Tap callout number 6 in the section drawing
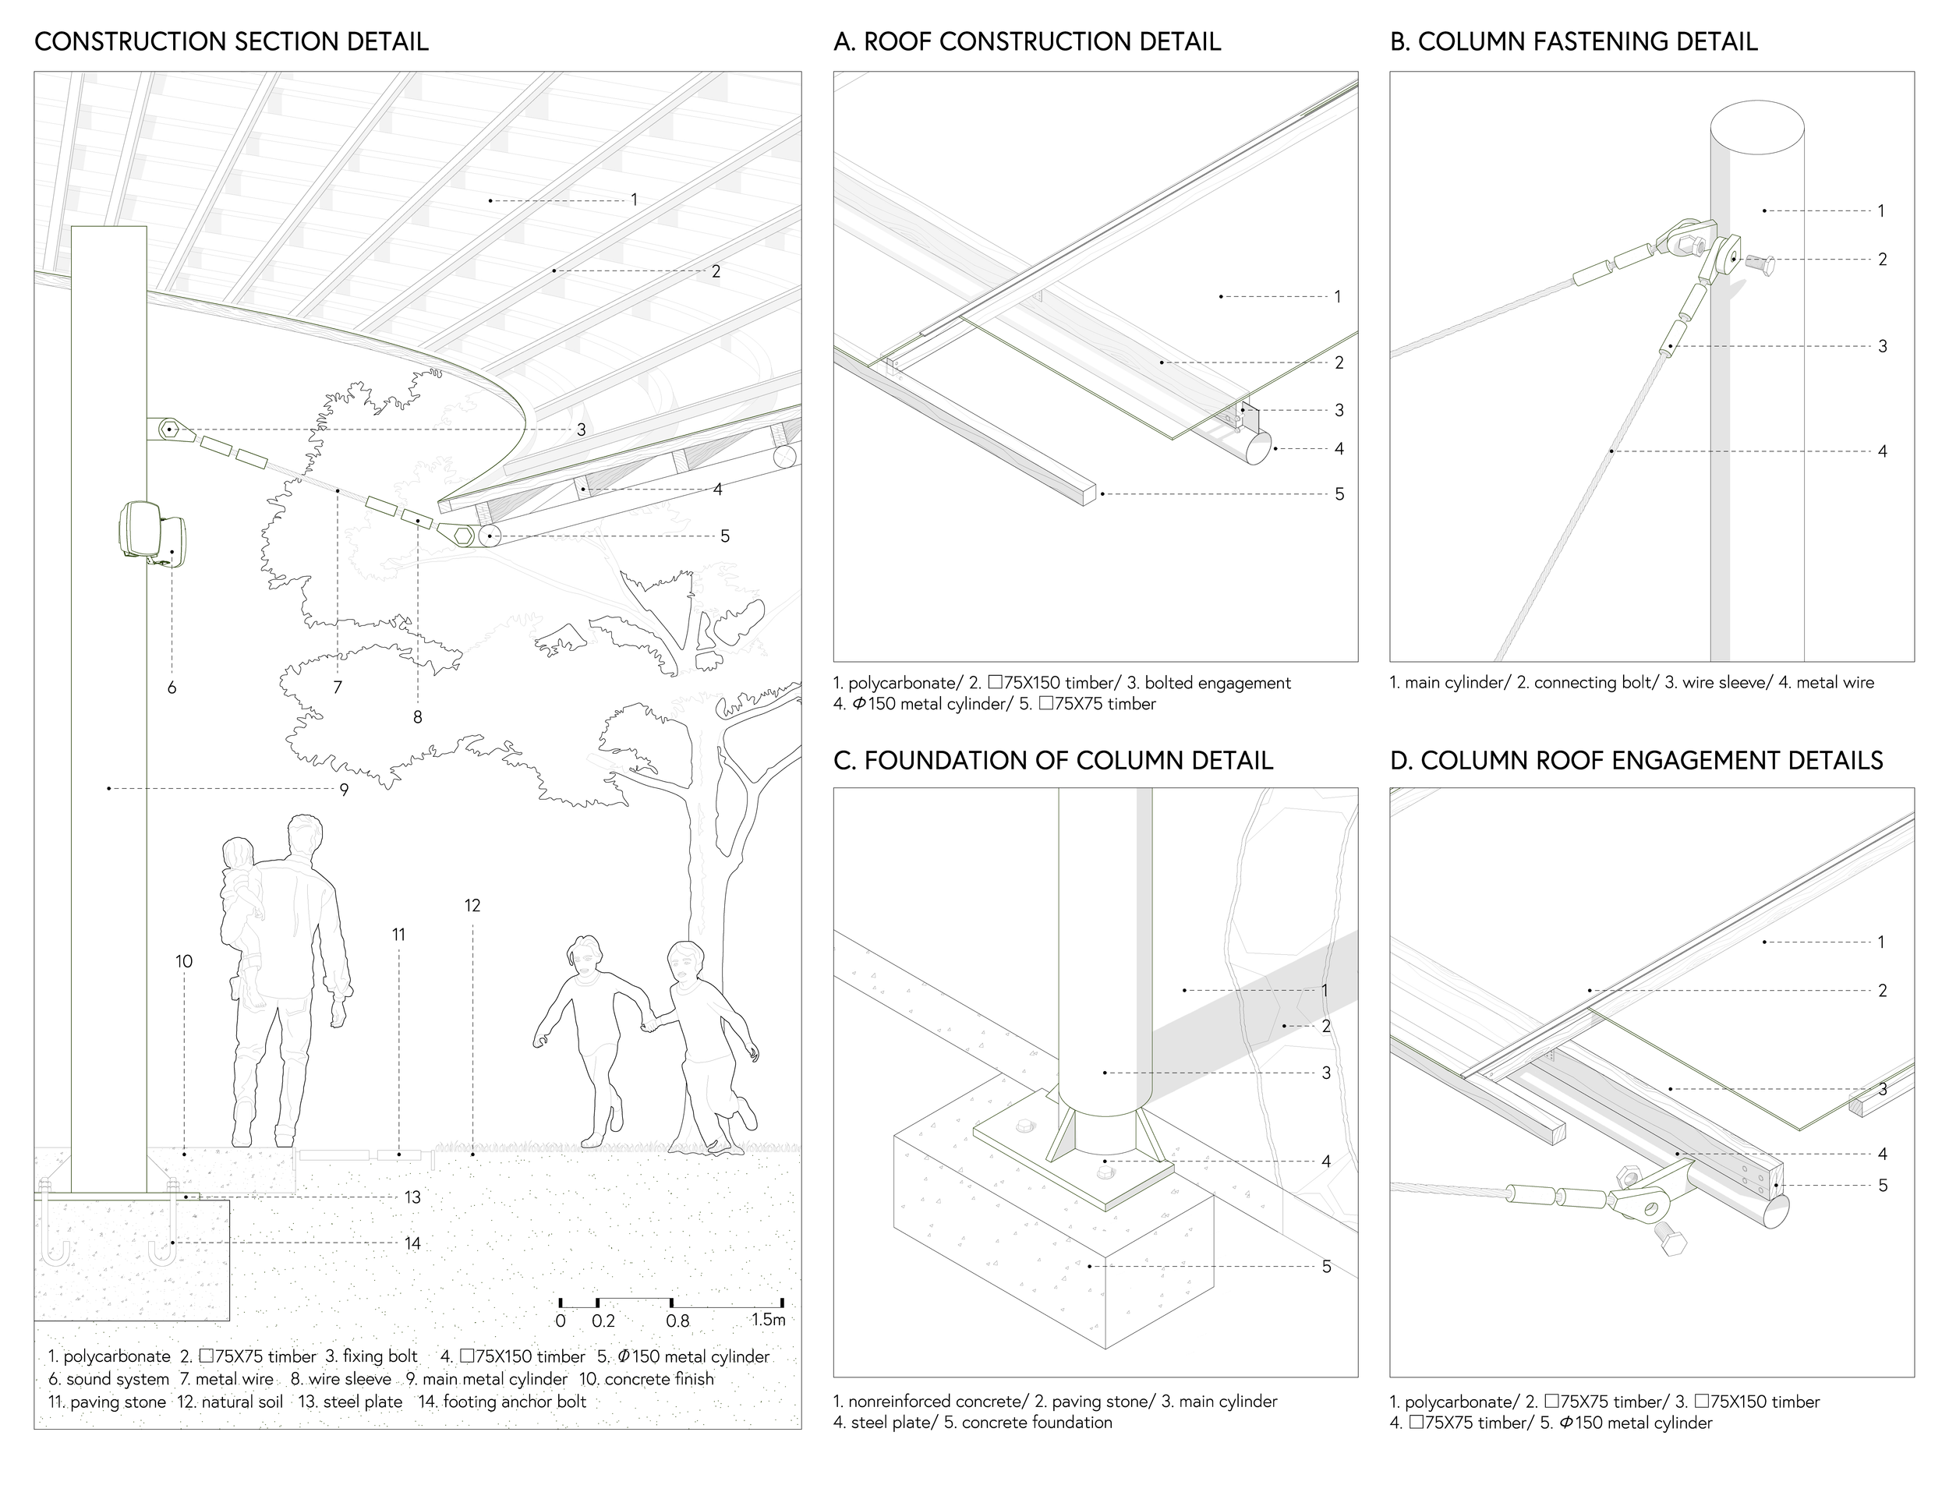(x=172, y=688)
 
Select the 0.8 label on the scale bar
(x=678, y=1321)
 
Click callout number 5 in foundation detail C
(x=1326, y=1267)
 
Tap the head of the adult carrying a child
(x=304, y=836)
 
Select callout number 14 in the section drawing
(x=412, y=1243)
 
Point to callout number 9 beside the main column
(x=344, y=790)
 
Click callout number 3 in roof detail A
(x=1339, y=410)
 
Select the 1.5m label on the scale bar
(x=768, y=1320)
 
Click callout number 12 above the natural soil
(x=472, y=906)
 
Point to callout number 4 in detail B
(x=1882, y=451)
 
